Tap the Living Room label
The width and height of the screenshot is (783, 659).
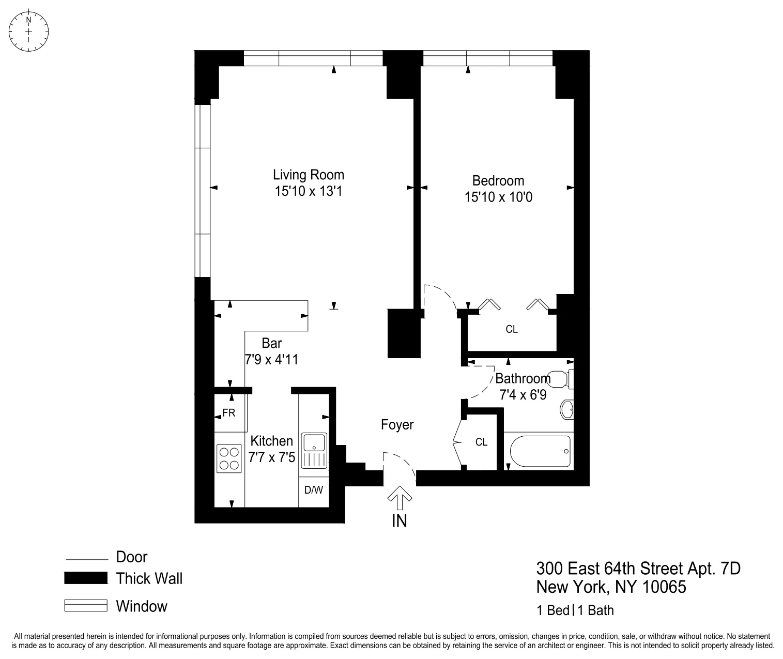pos(309,175)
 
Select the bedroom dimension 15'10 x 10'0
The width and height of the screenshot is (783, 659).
pos(498,197)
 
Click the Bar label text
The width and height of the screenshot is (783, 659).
pos(271,343)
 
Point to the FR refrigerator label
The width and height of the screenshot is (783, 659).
pos(229,413)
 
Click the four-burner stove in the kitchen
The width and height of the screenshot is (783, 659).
pos(229,458)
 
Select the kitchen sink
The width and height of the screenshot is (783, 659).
pos(314,443)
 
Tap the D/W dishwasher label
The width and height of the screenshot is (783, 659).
pos(313,490)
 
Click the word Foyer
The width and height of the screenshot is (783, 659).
pos(397,425)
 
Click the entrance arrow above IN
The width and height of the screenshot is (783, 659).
pos(400,499)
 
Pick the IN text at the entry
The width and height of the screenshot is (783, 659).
pos(400,521)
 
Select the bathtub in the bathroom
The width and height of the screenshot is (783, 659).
pos(540,451)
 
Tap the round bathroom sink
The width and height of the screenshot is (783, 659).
pos(567,410)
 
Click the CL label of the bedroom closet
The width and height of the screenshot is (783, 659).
pos(511,329)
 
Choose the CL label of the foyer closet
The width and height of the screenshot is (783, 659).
pos(481,442)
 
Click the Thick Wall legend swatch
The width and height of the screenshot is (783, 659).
pos(85,578)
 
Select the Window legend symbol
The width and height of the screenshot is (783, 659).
pos(85,605)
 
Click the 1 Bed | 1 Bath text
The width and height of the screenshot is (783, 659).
pos(575,610)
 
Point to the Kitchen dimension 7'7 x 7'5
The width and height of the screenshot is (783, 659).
pos(272,457)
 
